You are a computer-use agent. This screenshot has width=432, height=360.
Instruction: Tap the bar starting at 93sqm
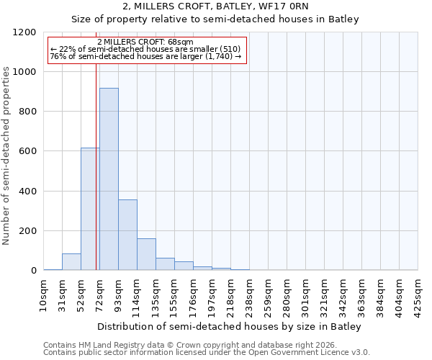(127, 235)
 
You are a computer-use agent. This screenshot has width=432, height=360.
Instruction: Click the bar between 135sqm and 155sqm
(165, 264)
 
